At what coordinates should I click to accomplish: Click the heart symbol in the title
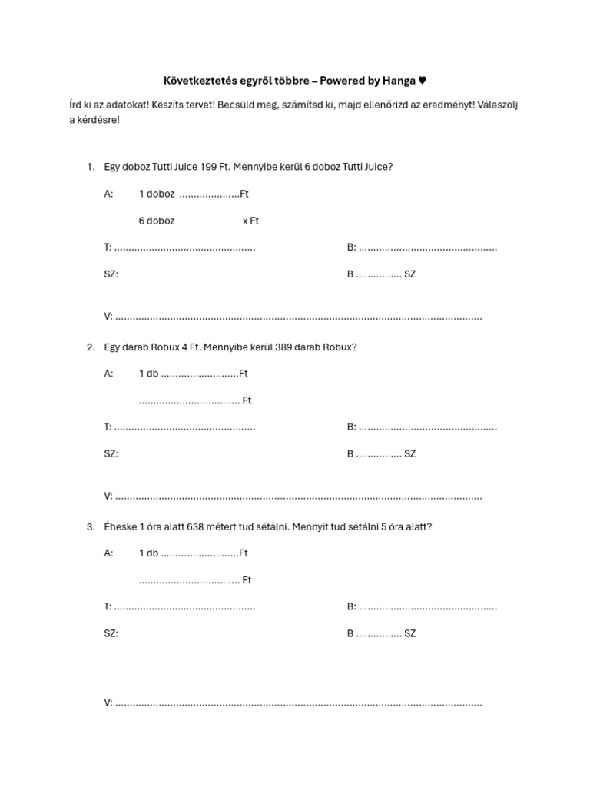point(422,81)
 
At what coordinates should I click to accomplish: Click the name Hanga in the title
point(399,81)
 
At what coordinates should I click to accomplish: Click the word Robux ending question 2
point(340,347)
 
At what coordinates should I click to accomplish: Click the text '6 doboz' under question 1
point(157,221)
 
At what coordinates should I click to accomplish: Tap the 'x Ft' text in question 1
point(250,221)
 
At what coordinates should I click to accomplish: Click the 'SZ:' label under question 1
point(111,274)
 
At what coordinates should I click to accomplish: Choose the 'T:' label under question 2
point(108,427)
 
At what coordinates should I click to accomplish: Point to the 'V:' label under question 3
point(108,702)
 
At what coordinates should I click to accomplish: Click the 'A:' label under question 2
point(108,374)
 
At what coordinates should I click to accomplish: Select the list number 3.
point(90,526)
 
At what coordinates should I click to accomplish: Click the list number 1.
point(90,167)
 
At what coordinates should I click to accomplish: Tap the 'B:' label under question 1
point(351,247)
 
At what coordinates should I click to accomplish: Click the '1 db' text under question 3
point(148,553)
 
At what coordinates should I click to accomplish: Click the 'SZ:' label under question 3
point(111,634)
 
